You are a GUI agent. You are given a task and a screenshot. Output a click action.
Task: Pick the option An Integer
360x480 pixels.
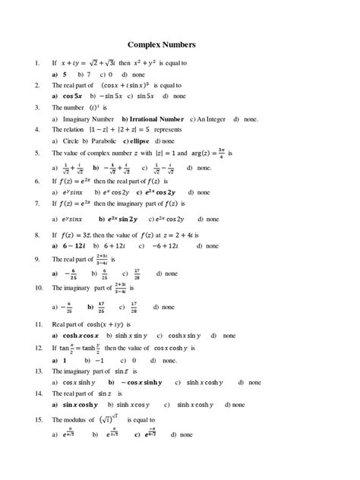click(212, 119)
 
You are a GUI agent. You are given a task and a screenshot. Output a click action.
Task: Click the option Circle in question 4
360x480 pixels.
click(69, 141)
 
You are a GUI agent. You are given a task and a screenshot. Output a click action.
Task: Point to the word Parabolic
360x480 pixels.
click(104, 141)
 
